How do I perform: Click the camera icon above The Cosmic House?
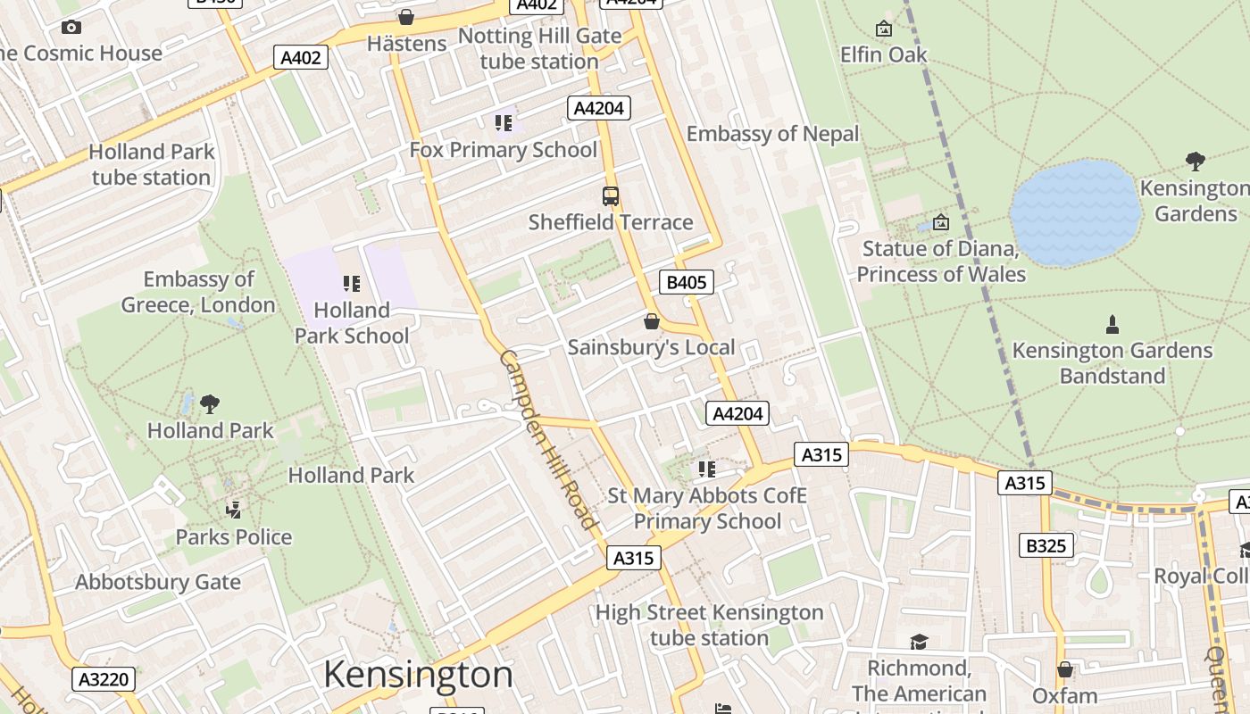[x=71, y=28]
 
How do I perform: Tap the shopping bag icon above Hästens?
[x=406, y=17]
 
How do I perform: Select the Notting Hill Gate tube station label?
[x=539, y=49]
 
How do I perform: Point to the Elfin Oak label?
[x=883, y=54]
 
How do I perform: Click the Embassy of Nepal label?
[x=772, y=134]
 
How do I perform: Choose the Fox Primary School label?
[x=503, y=150]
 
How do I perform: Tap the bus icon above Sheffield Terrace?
[x=611, y=196]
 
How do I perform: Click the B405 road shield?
[x=686, y=283]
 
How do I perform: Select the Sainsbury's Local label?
[x=651, y=347]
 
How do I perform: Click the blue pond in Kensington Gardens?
[x=1076, y=212]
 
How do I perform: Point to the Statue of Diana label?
[x=941, y=261]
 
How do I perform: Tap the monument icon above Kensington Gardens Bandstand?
[x=1112, y=324]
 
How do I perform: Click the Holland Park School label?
[x=352, y=323]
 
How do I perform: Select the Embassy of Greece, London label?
[x=198, y=292]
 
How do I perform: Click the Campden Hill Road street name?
[x=547, y=439]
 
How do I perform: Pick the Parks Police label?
[x=233, y=537]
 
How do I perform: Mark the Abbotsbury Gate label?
[x=158, y=583]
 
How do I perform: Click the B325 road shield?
[x=1046, y=545]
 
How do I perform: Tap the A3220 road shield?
[x=104, y=679]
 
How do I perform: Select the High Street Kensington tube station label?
[x=709, y=625]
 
